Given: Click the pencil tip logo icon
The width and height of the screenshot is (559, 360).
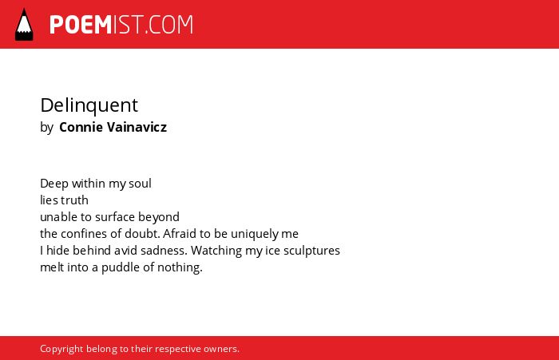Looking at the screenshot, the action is pyautogui.click(x=24, y=25).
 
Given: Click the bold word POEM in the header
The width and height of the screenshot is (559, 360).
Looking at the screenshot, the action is pyautogui.click(x=81, y=25).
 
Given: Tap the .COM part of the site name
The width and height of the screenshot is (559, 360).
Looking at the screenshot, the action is pyautogui.click(x=169, y=25).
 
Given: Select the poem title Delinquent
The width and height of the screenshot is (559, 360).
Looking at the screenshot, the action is pyautogui.click(x=89, y=105).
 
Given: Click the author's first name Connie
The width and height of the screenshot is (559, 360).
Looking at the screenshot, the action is pyautogui.click(x=81, y=127).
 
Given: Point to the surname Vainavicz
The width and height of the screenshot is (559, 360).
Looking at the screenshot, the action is pyautogui.click(x=137, y=127).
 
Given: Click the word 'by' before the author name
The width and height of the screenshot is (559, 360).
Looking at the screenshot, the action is pyautogui.click(x=46, y=128).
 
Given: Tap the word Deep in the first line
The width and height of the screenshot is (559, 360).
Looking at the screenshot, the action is pyautogui.click(x=54, y=184).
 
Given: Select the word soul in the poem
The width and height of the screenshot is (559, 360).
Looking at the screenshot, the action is pyautogui.click(x=140, y=184).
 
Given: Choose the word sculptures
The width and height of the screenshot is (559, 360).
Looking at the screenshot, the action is pyautogui.click(x=311, y=251).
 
